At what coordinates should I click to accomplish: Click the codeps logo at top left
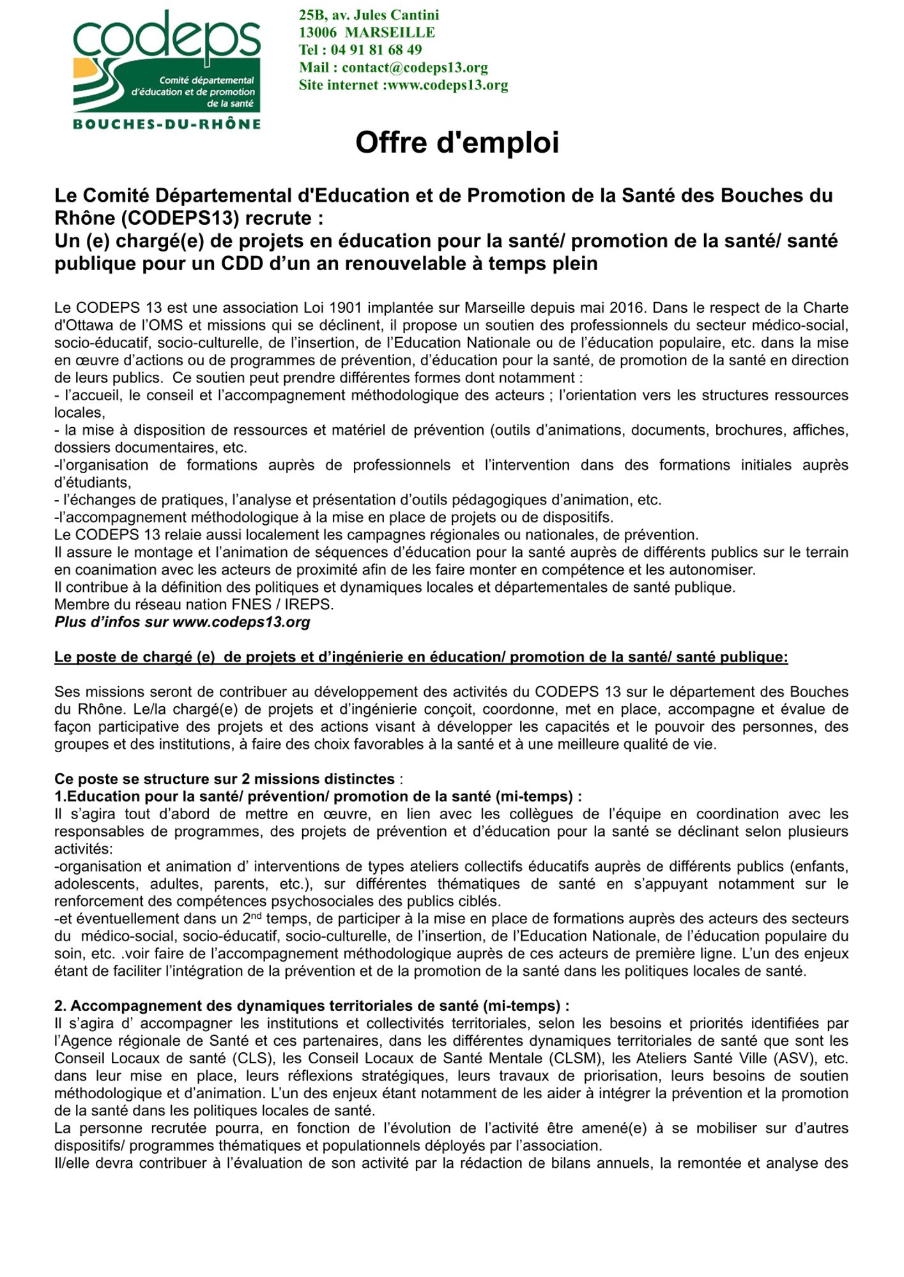pos(167,61)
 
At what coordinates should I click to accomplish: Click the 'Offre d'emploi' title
pos(457,142)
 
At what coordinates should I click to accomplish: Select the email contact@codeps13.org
pos(415,68)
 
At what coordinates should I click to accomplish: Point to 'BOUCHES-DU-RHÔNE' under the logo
pos(167,125)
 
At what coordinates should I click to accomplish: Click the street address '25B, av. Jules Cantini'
pos(369,15)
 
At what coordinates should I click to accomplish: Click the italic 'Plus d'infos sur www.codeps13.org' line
pos(182,622)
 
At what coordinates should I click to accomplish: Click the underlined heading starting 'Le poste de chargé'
pos(421,657)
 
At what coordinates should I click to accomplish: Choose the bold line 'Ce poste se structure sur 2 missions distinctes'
pos(224,779)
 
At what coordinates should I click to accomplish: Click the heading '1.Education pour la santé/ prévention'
pos(318,796)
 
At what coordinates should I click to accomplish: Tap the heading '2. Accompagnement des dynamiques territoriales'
pos(311,1006)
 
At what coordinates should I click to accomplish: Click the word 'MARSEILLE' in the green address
pos(390,33)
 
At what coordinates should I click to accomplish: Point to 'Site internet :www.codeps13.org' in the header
pos(403,86)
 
